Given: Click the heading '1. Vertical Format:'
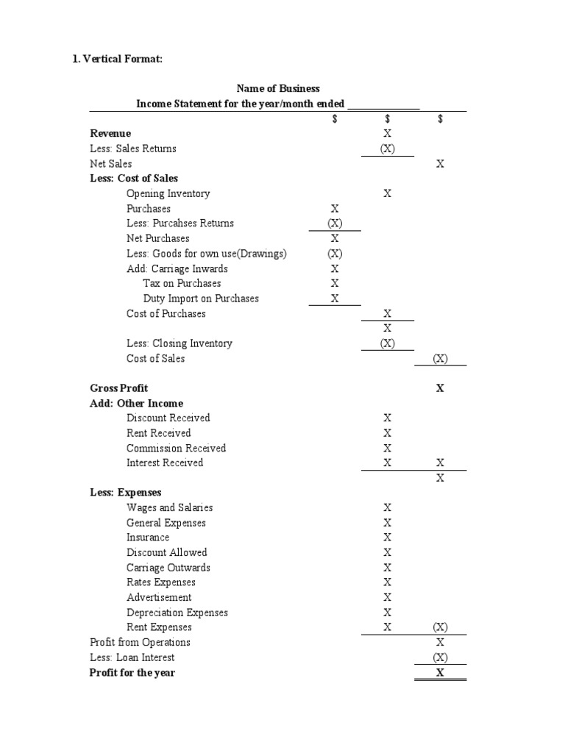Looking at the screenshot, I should click(117, 60).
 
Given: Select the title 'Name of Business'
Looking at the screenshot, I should click(277, 89).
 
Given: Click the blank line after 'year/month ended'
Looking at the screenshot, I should click(383, 104).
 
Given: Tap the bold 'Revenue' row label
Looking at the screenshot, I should click(110, 134).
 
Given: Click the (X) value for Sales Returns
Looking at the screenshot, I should click(387, 149).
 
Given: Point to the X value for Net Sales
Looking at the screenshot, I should click(440, 164).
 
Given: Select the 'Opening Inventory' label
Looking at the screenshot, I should click(168, 194).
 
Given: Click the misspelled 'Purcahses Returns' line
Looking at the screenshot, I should click(180, 224).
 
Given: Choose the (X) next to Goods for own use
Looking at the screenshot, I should click(335, 254).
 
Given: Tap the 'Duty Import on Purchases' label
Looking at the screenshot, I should click(201, 299).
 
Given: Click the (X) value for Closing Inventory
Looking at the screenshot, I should click(387, 343).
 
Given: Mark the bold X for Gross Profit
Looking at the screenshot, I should click(440, 388).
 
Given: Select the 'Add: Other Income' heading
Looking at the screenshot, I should click(136, 404).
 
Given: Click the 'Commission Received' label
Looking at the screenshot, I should click(176, 449).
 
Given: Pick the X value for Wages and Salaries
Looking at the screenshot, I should click(387, 508).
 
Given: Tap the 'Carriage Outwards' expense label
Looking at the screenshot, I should click(168, 568).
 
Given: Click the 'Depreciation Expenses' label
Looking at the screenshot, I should click(177, 613).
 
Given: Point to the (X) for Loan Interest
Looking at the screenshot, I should click(440, 657).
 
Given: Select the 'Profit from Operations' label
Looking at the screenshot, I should click(140, 643).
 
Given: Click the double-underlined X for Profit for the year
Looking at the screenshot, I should click(440, 673).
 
